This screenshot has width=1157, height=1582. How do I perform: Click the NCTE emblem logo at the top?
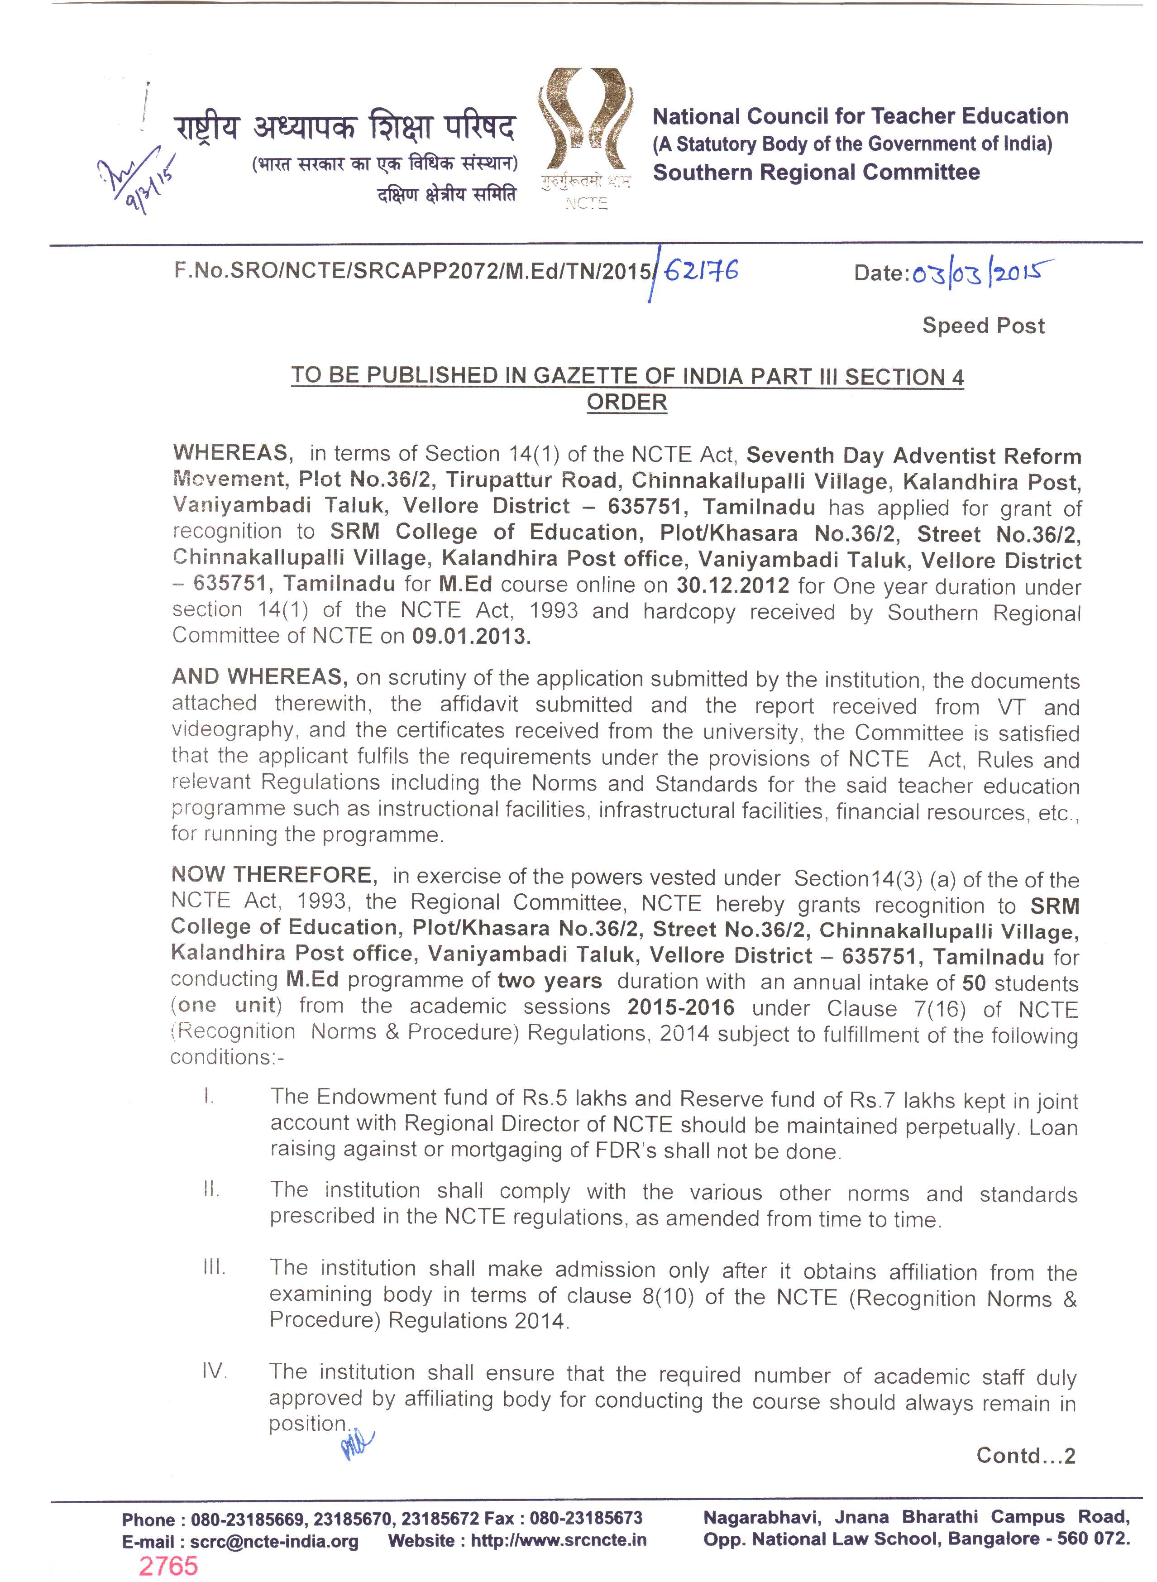tap(585, 123)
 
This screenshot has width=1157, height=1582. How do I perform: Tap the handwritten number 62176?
tap(700, 270)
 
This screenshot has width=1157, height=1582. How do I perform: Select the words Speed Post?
tap(983, 326)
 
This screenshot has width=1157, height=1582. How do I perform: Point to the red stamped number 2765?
tap(168, 1566)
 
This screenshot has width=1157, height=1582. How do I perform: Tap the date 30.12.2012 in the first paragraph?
tap(732, 585)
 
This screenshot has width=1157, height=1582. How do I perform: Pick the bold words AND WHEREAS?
tap(259, 677)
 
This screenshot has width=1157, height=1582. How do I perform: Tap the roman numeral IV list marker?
tap(214, 1371)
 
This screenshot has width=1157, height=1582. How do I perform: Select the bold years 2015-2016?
tap(681, 1007)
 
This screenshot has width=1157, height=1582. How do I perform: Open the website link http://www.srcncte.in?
tap(558, 1541)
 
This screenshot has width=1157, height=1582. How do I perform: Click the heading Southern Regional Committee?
tap(816, 173)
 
